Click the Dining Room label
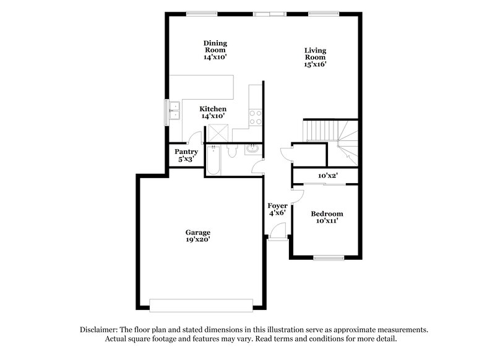(215, 49)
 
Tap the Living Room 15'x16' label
(315, 56)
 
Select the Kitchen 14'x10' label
(212, 112)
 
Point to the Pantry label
(186, 155)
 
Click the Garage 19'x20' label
(198, 236)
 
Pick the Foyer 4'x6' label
(277, 209)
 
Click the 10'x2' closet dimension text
(327, 176)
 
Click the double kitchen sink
(174, 111)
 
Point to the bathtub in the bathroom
(213, 160)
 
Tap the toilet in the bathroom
(233, 152)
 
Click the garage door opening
(201, 305)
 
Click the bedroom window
(328, 257)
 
